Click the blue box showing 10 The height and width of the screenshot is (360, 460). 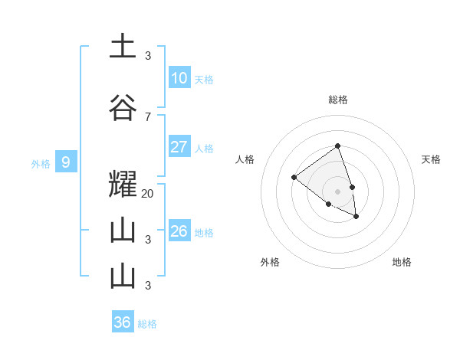[179, 78]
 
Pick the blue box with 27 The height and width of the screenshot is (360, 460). [179, 147]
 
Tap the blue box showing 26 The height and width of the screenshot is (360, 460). [179, 231]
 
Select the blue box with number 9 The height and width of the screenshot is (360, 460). [66, 162]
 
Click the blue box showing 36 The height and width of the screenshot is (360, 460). [123, 322]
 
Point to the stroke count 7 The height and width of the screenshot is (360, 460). [147, 116]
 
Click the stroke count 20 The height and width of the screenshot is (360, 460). [148, 194]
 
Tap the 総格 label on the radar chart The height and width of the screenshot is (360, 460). [338, 100]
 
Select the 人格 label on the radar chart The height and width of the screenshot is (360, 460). [245, 159]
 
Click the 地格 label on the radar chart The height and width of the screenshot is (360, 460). [402, 262]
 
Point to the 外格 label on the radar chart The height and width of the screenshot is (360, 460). [270, 262]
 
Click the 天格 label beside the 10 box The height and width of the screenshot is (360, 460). [204, 80]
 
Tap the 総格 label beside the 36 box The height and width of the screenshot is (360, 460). [147, 324]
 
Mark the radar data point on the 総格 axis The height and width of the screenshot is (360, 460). [337, 146]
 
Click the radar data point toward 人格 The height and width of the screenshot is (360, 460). [294, 177]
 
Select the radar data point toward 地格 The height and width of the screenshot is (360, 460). [356, 217]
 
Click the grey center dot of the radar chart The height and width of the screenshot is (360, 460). [337, 191]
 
